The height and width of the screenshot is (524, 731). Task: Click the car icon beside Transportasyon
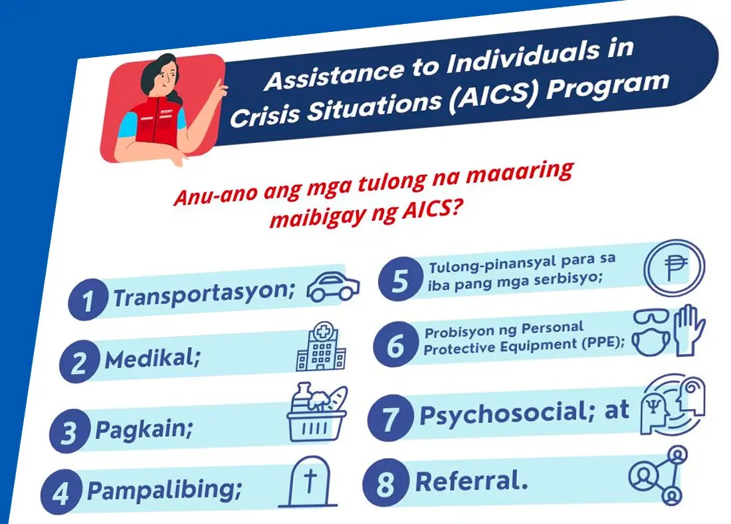[333, 286]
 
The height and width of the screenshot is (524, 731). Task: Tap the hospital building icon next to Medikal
[321, 350]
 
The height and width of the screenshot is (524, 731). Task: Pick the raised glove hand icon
[688, 331]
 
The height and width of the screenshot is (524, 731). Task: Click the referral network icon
[658, 475]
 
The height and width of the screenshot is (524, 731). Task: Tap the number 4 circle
[61, 496]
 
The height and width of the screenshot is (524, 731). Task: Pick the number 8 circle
[385, 483]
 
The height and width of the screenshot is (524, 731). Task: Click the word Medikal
[153, 359]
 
